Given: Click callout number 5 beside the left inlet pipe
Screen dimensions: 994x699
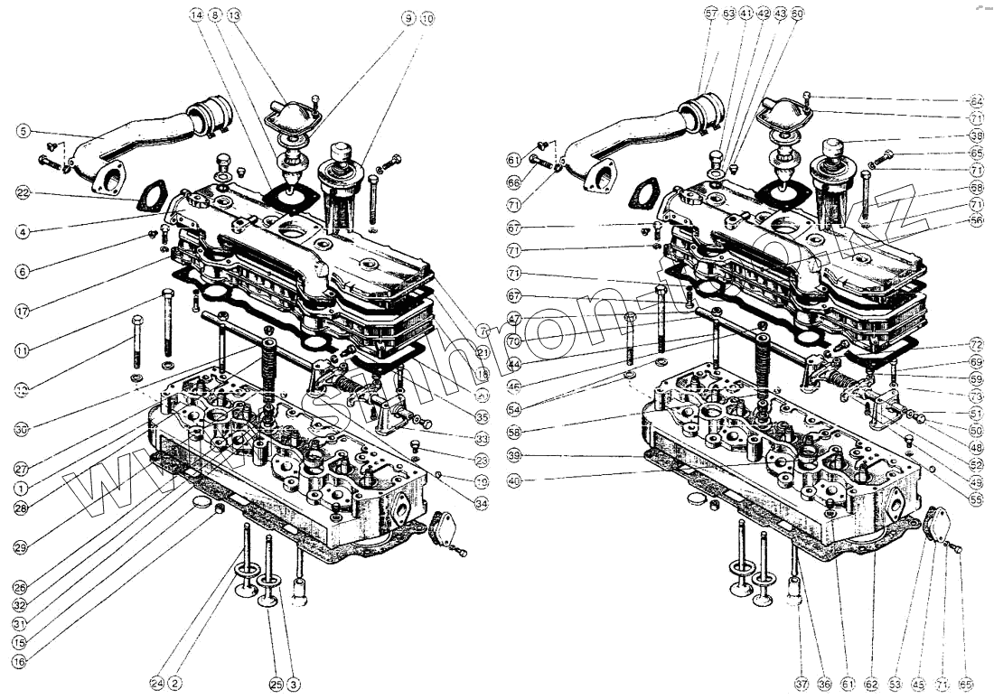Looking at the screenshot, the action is click(22, 132).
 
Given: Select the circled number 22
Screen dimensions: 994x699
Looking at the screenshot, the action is click(22, 192).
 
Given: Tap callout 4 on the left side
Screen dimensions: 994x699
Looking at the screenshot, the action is click(22, 232).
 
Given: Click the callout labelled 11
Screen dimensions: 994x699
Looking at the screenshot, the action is click(22, 349).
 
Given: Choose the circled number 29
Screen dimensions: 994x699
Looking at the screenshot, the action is click(22, 547).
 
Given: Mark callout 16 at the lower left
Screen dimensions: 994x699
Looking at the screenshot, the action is click(20, 660).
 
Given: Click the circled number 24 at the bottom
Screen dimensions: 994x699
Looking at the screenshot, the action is click(157, 684).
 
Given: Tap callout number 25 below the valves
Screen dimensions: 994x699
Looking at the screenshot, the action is click(277, 684).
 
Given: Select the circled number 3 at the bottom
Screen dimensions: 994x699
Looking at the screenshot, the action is click(295, 684).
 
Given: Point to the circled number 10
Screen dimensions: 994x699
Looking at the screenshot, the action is click(427, 17).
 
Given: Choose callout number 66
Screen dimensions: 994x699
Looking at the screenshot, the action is click(514, 182).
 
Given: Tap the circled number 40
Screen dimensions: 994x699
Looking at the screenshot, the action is click(514, 482).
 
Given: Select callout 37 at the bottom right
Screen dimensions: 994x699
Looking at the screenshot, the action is click(802, 685).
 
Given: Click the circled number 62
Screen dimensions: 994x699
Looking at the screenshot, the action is click(872, 685).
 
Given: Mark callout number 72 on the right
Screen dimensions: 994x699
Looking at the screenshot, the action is click(976, 345).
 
